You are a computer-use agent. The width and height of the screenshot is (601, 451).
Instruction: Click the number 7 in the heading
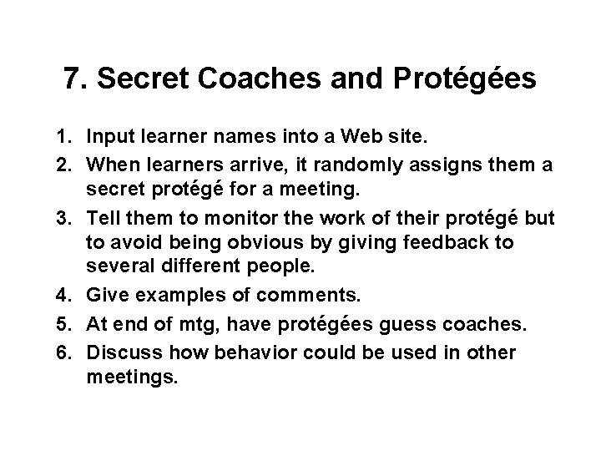tap(73, 80)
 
